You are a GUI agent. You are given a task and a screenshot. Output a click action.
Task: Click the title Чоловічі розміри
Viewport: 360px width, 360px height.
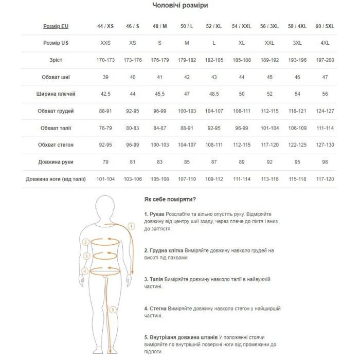click(180, 6)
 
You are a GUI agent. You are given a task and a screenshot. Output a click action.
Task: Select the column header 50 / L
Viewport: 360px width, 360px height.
click(187, 26)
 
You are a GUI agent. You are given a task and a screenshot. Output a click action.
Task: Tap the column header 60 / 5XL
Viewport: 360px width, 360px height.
click(325, 26)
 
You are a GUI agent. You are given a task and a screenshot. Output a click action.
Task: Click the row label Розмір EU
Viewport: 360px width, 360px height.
click(56, 26)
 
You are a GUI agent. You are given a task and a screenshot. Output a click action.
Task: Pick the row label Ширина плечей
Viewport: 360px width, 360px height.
click(56, 94)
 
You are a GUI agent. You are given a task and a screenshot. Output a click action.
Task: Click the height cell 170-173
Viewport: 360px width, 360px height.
click(106, 60)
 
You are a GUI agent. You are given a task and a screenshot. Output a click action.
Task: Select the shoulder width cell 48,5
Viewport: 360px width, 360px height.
click(214, 94)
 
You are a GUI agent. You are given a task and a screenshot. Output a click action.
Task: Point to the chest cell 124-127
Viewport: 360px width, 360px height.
click(325, 111)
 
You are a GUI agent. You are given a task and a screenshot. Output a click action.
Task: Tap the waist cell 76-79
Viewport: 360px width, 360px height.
click(106, 128)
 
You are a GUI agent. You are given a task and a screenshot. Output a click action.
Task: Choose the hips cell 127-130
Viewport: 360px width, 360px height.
click(325, 145)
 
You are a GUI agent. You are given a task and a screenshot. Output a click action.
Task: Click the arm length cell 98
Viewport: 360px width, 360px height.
click(325, 161)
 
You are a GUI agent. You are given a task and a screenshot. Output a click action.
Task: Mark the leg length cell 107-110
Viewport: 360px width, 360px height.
click(187, 178)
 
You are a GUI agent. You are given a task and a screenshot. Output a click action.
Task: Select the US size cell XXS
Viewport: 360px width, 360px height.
click(106, 43)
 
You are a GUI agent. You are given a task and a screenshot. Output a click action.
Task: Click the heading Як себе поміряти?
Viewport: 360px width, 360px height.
click(170, 199)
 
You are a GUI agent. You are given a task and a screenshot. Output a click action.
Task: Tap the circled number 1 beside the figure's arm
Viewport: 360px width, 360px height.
click(131, 226)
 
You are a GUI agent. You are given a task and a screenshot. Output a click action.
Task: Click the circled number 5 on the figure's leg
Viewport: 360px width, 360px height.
click(113, 310)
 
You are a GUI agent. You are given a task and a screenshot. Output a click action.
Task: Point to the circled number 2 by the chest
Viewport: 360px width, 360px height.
click(86, 242)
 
